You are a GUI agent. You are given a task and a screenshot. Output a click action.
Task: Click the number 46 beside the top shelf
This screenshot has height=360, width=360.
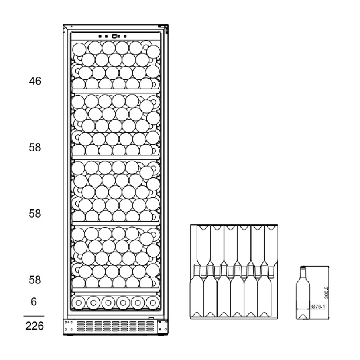click(35, 81)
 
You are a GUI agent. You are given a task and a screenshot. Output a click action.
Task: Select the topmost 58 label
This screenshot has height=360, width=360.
click(35, 148)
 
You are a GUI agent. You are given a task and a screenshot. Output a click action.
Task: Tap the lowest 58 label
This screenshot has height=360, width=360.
click(35, 280)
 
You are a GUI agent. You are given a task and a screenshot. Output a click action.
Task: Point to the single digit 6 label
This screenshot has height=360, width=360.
click(34, 301)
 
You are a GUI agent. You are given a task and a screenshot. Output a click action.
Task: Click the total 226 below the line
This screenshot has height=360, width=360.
click(35, 326)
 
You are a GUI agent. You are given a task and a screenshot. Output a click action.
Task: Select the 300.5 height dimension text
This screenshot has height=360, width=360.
click(327, 292)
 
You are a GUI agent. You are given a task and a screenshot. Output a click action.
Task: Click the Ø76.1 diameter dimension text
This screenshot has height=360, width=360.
click(318, 306)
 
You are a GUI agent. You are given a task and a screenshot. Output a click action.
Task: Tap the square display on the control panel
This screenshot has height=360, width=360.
click(114, 36)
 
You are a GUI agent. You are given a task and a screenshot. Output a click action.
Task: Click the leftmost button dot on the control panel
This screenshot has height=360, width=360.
click(100, 36)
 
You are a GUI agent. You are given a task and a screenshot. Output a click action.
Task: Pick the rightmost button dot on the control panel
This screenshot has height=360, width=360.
click(125, 36)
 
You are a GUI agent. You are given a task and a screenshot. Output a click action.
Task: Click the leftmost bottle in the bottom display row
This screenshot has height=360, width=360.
click(78, 302)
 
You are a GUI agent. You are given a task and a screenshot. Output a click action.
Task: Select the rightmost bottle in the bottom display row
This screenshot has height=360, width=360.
click(153, 302)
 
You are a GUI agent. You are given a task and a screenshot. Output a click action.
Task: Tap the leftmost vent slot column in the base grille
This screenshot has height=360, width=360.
click(81, 326)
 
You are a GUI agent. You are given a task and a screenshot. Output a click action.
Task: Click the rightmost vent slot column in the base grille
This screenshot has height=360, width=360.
click(150, 326)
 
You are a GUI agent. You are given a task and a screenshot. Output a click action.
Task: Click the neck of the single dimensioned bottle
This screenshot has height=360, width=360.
click(303, 273)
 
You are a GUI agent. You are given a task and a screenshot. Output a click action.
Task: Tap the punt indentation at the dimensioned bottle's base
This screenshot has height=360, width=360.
click(302, 317)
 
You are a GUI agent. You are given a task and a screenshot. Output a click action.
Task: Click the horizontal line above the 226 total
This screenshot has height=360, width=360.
click(34, 316)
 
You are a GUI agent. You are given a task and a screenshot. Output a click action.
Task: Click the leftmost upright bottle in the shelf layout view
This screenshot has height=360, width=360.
click(197, 292)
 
